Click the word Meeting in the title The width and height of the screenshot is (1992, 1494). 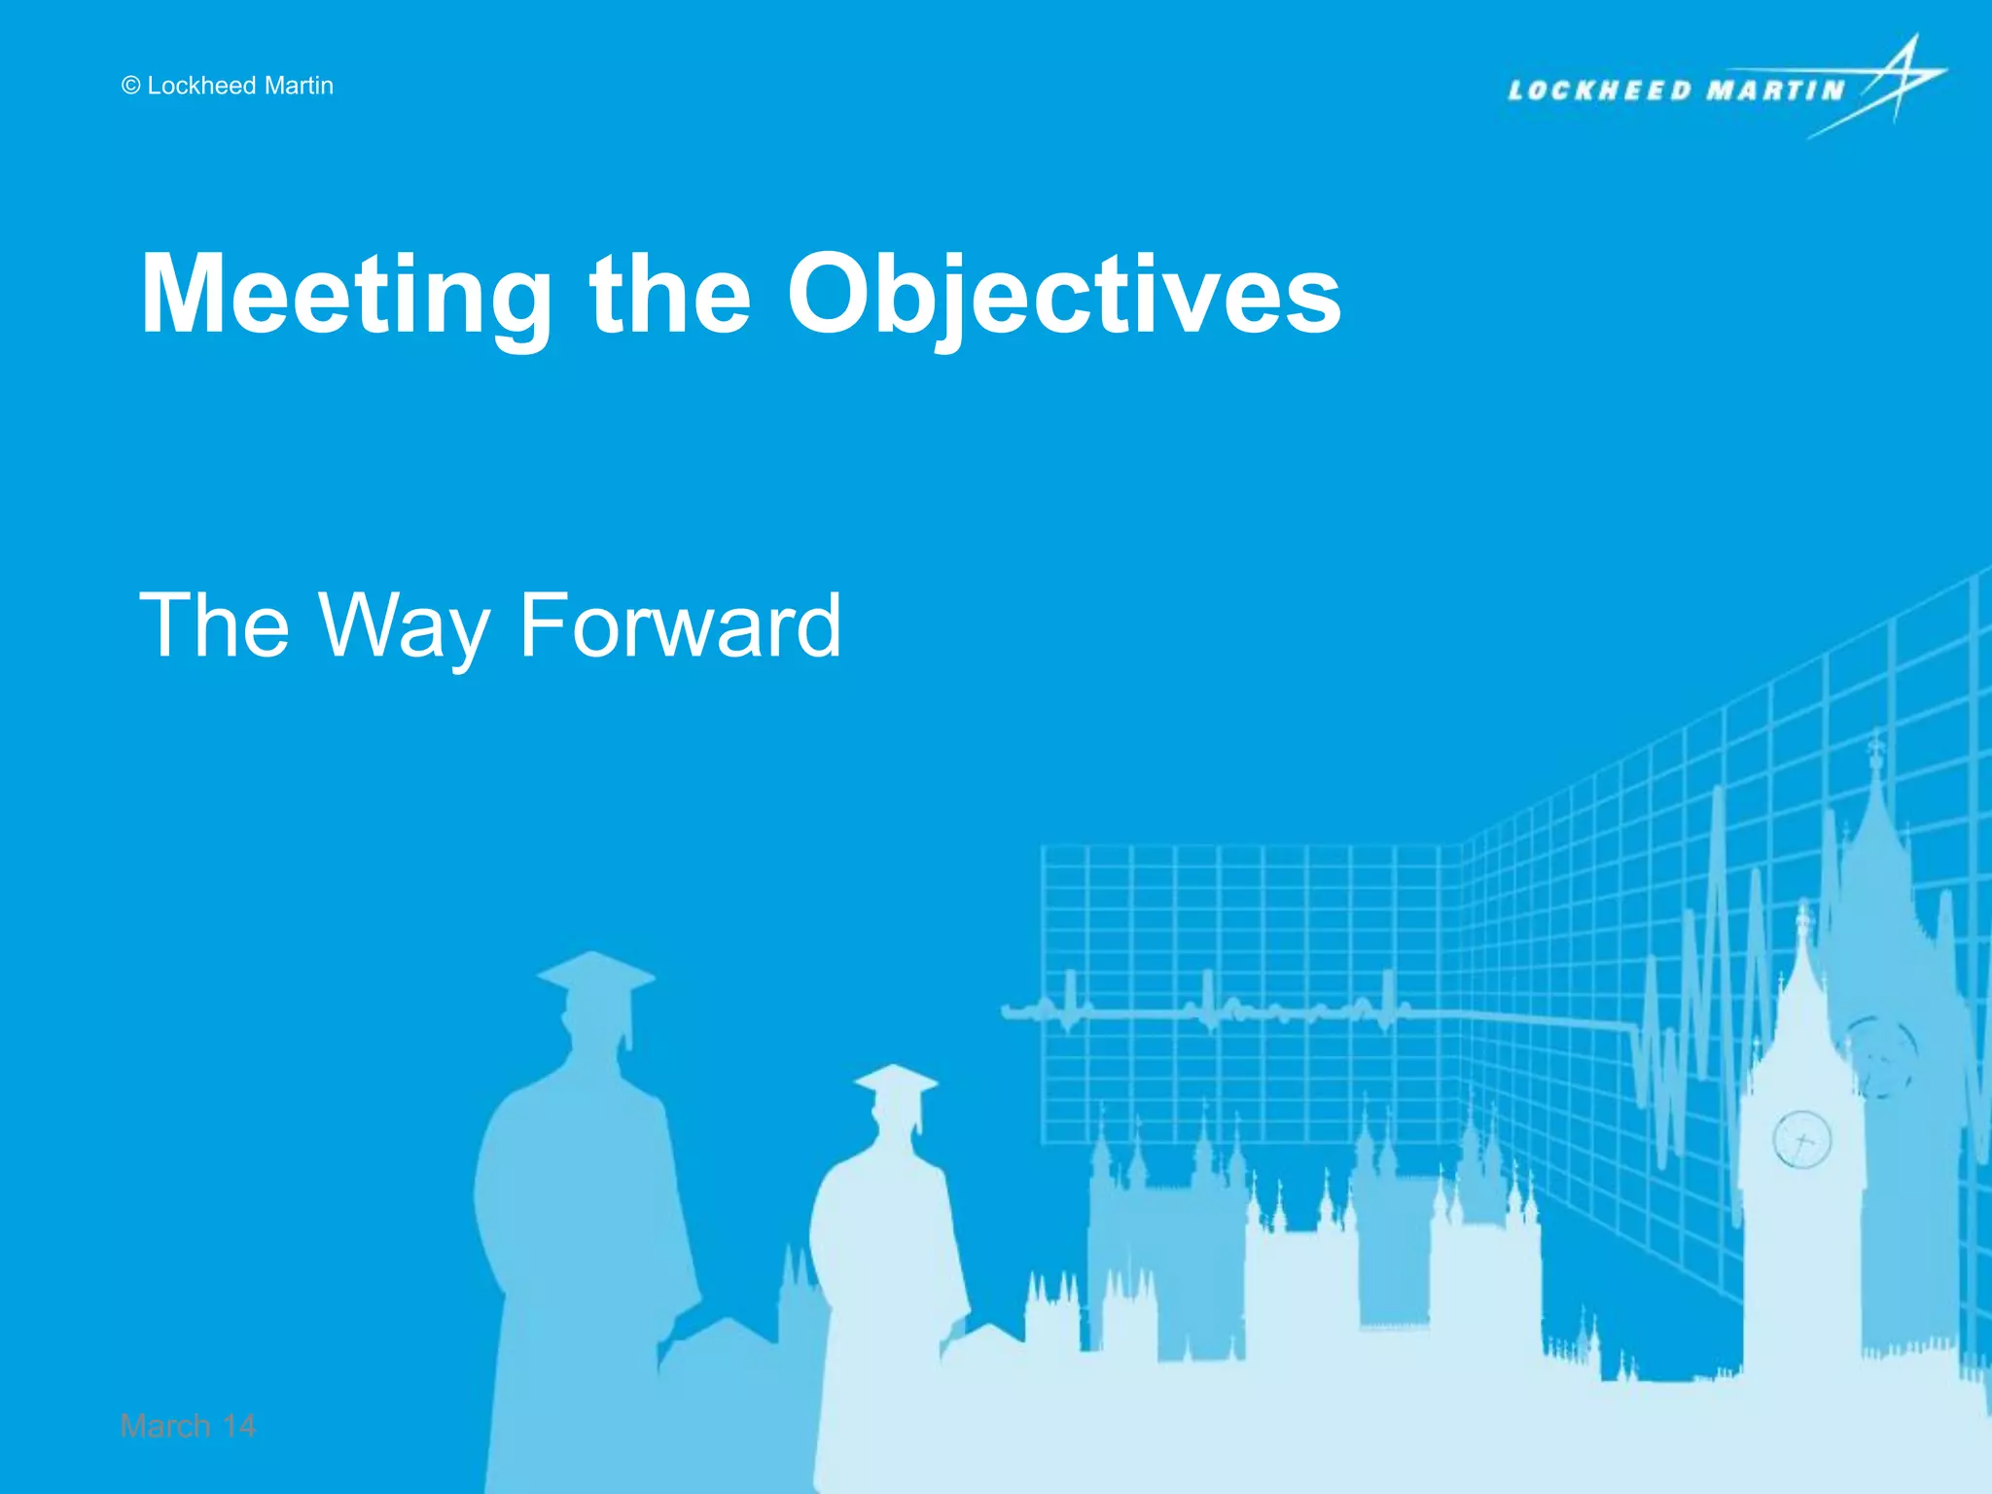[x=345, y=296]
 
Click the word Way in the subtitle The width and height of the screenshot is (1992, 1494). [x=403, y=628]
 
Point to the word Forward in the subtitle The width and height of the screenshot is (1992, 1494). [x=680, y=626]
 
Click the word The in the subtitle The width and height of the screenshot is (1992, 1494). [x=214, y=626]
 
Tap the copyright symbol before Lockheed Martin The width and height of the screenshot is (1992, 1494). [x=131, y=87]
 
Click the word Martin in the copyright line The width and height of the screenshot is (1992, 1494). [x=299, y=86]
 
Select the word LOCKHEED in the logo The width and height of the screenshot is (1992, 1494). [x=1600, y=91]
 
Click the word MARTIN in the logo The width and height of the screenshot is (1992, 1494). [x=1776, y=91]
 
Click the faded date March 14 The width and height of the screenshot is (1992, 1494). [x=188, y=1426]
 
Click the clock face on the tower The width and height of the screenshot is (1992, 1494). [x=1801, y=1139]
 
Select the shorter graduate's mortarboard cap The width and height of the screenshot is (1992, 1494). [x=896, y=1081]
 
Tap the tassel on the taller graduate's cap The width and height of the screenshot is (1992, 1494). [x=629, y=1021]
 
